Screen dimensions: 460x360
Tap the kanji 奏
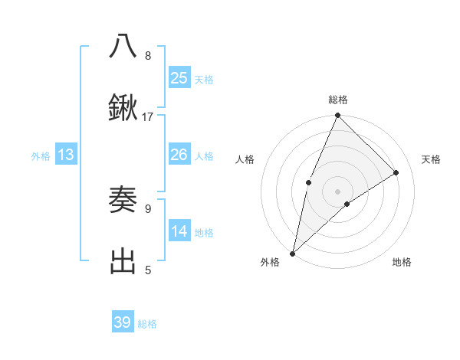(123, 201)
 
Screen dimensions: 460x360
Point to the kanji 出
(123, 261)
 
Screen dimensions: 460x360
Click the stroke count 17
(148, 116)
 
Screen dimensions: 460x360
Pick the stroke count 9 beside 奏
(148, 208)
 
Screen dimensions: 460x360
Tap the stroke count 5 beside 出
(148, 269)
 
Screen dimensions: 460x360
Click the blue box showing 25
(179, 77)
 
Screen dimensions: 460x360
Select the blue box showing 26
(179, 155)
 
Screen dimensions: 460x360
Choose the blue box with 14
(179, 231)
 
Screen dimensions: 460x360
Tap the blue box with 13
(65, 155)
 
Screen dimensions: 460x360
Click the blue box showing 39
(123, 322)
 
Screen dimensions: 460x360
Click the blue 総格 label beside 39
(147, 324)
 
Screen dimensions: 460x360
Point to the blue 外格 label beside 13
(41, 156)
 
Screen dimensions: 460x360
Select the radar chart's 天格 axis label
(431, 159)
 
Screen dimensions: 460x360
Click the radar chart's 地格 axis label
(402, 262)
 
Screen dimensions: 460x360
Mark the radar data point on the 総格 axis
(337, 116)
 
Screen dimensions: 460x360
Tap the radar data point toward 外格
(292, 253)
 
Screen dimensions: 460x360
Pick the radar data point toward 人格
(308, 182)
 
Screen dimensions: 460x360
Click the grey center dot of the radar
(337, 191)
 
